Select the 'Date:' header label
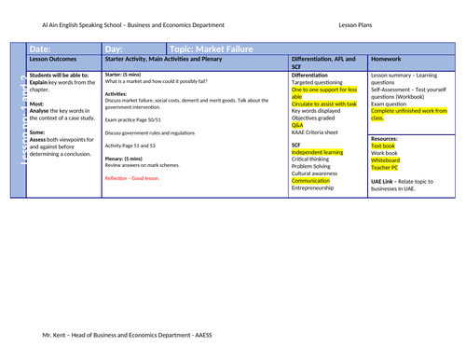pos(41,48)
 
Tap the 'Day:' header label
pos(115,48)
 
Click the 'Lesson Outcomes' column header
pos(53,61)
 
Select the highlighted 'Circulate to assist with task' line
pos(323,104)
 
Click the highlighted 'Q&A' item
pos(298,125)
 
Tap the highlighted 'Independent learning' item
pos(319,152)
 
